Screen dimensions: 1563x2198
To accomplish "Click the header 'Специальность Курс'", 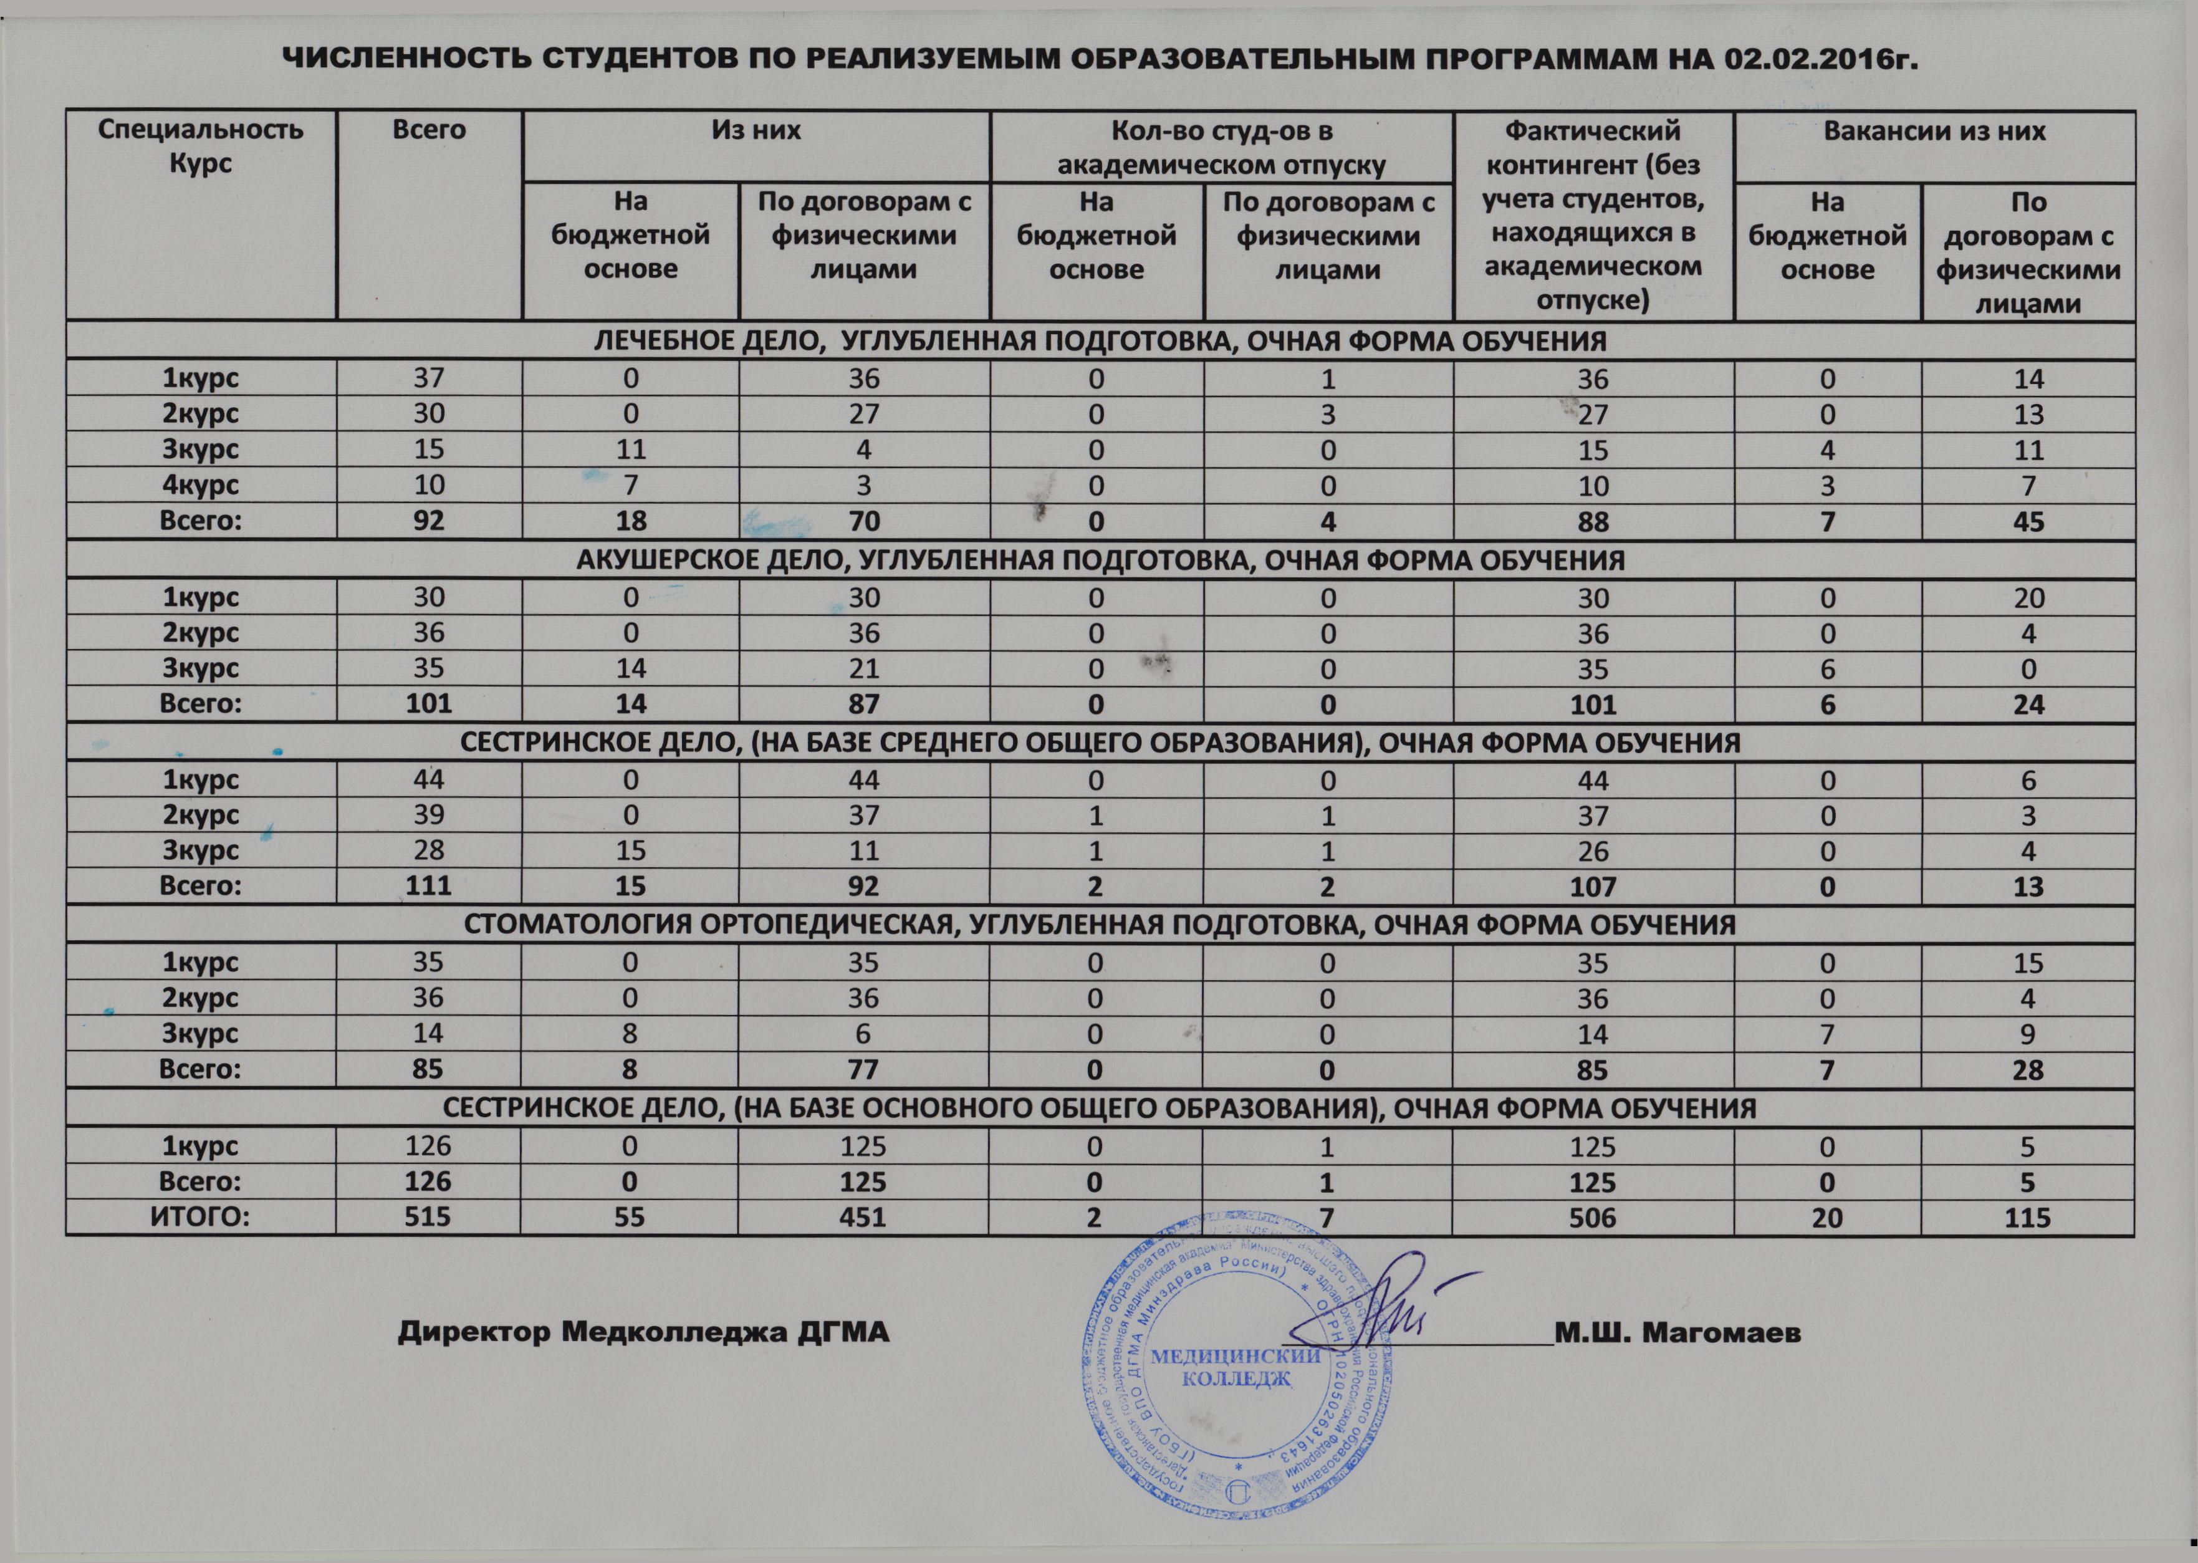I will coord(200,147).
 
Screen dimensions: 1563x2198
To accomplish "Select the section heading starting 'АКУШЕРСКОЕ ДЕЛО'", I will coord(1100,560).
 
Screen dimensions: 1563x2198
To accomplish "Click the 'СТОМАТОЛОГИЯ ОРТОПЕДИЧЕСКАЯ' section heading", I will coord(1100,926).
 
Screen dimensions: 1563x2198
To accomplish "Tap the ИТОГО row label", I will coord(200,1218).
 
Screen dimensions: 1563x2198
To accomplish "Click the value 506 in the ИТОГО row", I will coord(1593,1218).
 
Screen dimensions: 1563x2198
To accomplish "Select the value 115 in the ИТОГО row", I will coord(2028,1218).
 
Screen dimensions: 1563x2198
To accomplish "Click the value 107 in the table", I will coord(1593,887).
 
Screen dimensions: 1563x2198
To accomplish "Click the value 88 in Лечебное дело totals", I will coord(1593,522).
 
